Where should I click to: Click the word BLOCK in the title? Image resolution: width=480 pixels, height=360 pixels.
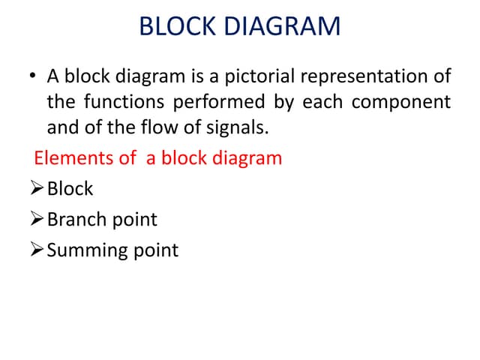pyautogui.click(x=175, y=28)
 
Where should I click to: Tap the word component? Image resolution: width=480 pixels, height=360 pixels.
pyautogui.click(x=401, y=101)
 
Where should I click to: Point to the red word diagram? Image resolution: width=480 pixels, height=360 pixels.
pyautogui.click(x=247, y=158)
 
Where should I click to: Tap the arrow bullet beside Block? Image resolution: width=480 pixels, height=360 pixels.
pyautogui.click(x=37, y=189)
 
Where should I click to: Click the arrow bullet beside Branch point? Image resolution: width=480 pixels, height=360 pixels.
pyautogui.click(x=37, y=220)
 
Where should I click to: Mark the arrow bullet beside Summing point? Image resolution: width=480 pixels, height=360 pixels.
pyautogui.click(x=37, y=250)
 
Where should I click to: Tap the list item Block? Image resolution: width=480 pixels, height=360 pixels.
pyautogui.click(x=70, y=188)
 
